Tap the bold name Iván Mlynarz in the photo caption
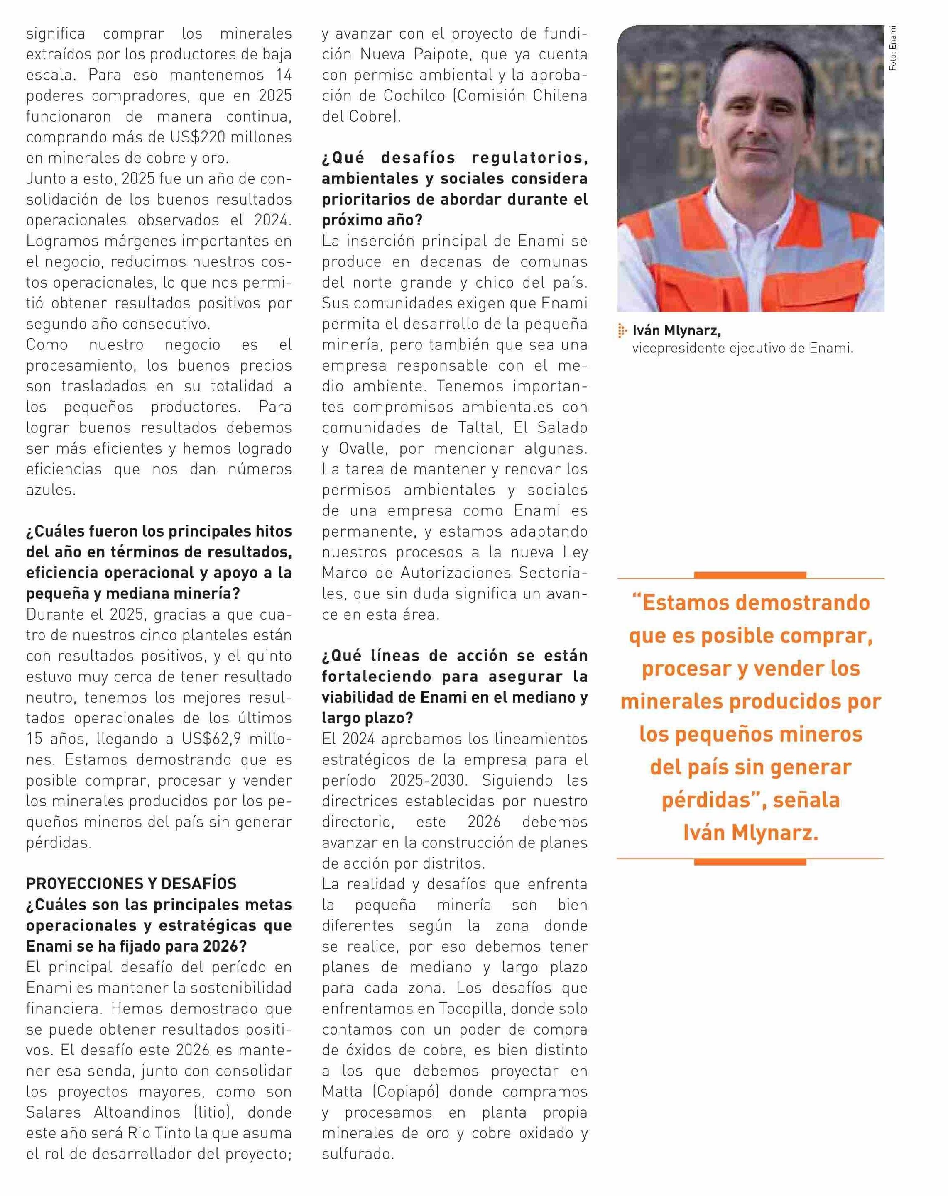coord(676,331)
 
